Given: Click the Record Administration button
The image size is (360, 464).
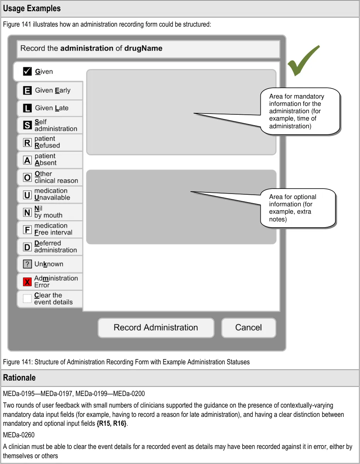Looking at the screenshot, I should click(x=156, y=328).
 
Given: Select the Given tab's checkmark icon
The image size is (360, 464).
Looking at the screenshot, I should click(x=27, y=71).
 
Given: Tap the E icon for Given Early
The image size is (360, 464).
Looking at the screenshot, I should click(x=27, y=90).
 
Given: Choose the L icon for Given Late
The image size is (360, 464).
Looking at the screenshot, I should click(x=27, y=108).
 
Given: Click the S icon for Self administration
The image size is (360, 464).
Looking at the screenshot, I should click(x=27, y=125).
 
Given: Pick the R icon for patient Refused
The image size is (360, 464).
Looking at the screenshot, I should click(x=27, y=143).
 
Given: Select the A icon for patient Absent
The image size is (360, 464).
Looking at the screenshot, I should click(x=27, y=160).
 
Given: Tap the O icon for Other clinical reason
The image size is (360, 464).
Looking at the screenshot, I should click(x=27, y=177).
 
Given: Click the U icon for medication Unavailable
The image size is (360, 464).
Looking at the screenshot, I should click(x=27, y=195).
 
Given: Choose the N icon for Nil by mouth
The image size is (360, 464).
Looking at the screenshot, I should click(x=27, y=212).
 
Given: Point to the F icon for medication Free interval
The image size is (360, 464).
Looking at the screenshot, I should click(x=27, y=229).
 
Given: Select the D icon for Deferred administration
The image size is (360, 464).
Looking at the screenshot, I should click(x=27, y=247).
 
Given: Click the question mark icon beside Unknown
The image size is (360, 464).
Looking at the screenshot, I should click(x=27, y=264).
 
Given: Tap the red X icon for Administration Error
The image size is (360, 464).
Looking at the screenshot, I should click(x=27, y=282).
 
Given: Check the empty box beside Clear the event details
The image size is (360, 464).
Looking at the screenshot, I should click(x=27, y=299).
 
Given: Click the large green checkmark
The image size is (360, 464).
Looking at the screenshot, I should click(x=303, y=61).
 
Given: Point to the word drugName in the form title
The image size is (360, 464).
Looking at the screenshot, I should click(x=143, y=49).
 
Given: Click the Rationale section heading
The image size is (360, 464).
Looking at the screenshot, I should click(x=19, y=378).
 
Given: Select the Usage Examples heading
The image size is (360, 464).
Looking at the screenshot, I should click(x=32, y=8).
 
